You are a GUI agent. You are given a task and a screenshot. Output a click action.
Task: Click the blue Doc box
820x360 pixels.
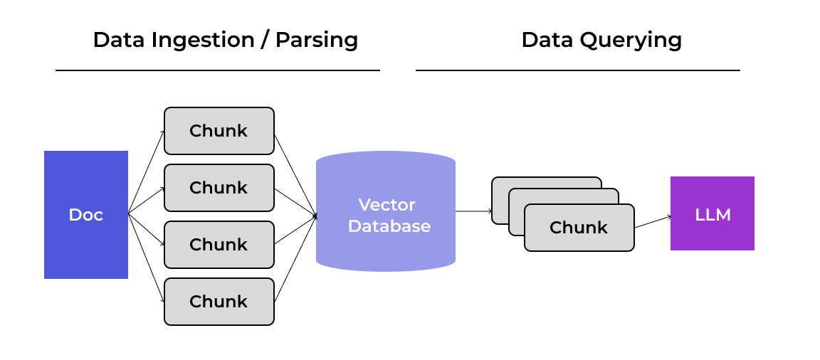85,214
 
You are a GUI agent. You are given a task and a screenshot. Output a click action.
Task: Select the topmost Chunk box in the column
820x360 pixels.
219,131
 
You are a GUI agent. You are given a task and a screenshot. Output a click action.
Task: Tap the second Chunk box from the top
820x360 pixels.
219,188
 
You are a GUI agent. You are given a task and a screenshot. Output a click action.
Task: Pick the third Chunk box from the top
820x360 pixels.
219,245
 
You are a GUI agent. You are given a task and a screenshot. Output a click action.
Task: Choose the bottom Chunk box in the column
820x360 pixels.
219,302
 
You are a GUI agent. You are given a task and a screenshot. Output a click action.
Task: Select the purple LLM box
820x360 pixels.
712,213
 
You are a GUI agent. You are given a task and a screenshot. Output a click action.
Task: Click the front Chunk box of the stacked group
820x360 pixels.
579,228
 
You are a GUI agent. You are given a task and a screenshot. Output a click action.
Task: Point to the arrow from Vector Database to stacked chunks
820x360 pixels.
473,211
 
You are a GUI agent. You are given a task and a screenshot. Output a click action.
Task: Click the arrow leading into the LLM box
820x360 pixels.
652,222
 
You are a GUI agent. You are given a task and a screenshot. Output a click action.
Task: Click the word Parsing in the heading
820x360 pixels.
317,40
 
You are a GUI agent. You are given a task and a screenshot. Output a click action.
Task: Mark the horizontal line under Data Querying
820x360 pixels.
577,70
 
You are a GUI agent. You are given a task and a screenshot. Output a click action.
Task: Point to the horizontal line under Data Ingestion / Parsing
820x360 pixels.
217,70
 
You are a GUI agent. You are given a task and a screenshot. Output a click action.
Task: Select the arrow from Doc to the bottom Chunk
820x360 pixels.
146,258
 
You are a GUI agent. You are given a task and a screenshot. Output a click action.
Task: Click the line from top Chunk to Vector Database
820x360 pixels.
295,173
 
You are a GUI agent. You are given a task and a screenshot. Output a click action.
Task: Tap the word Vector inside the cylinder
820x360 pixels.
387,205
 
